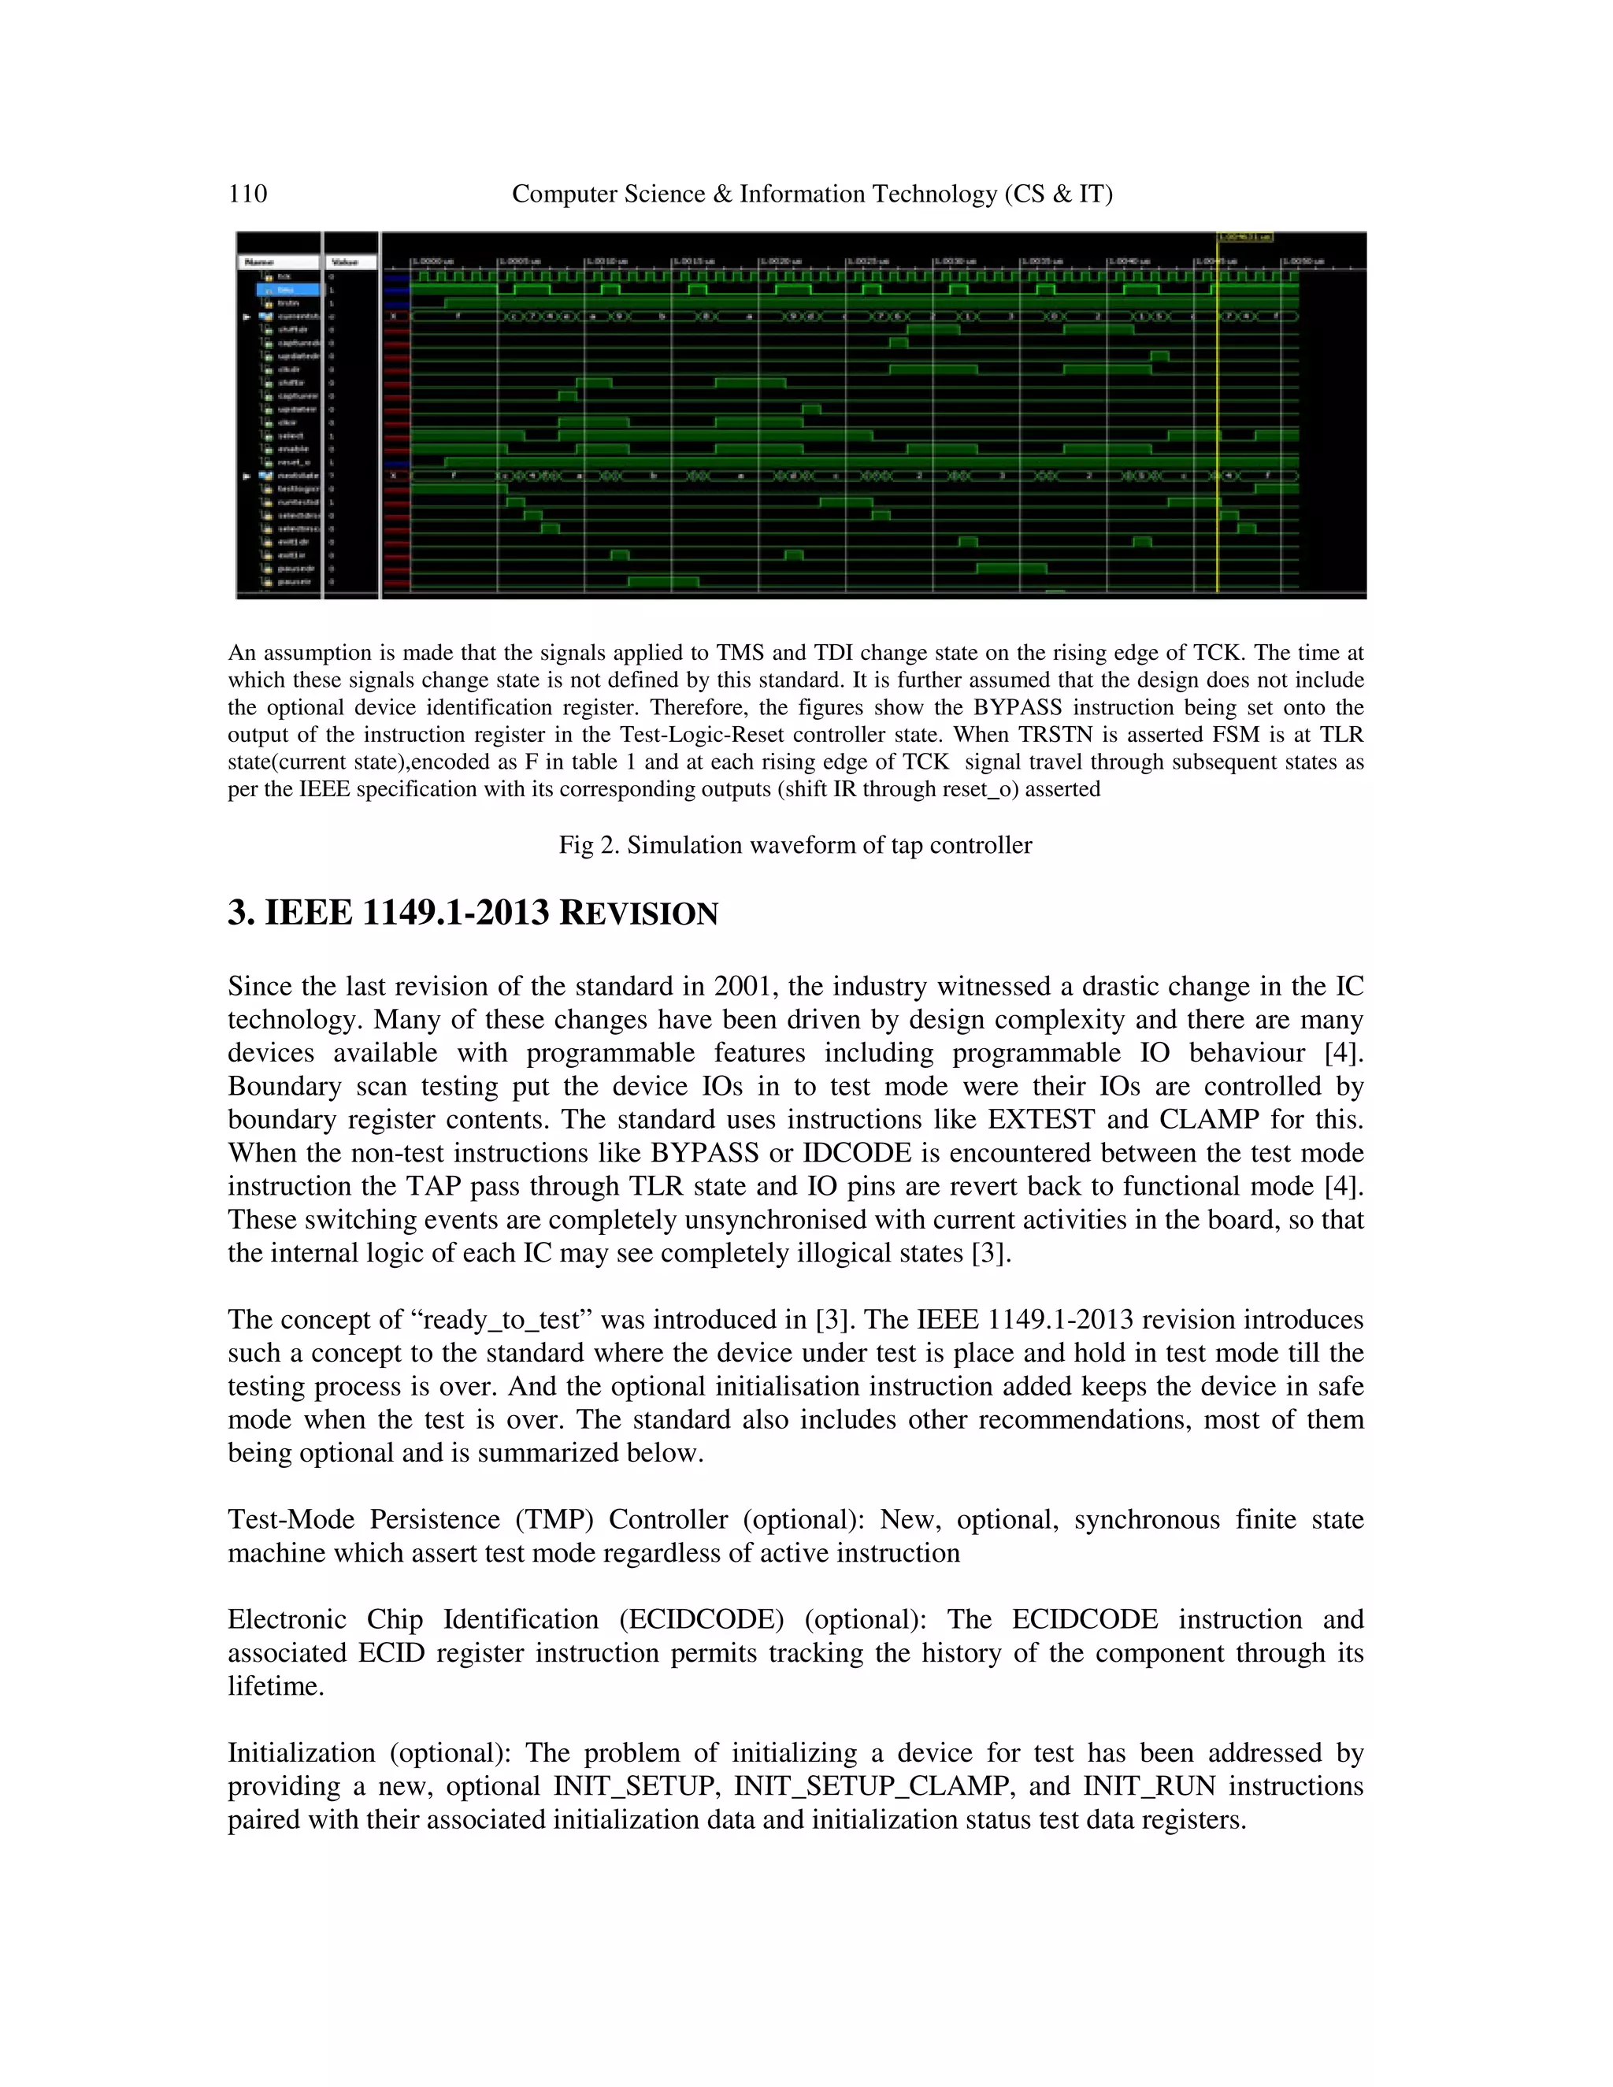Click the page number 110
click(247, 194)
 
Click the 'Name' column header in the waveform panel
click(260, 261)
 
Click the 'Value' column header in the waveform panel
click(345, 261)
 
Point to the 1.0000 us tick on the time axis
click(432, 261)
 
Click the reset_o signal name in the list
click(292, 462)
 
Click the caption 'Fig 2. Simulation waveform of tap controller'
click(795, 845)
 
